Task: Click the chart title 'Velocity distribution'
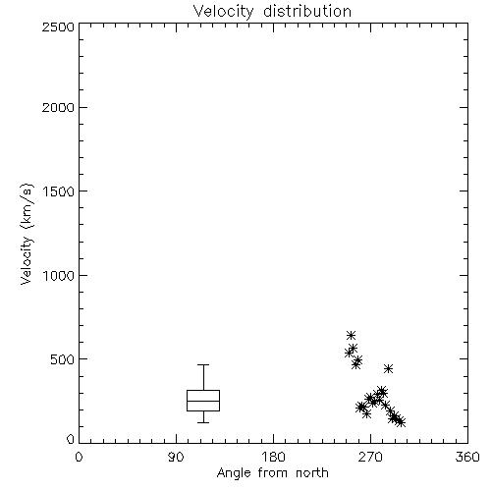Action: tap(272, 11)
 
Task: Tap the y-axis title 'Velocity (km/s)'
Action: tap(27, 234)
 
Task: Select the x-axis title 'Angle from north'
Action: tap(272, 473)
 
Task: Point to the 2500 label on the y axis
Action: tap(58, 27)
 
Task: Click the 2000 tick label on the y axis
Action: tap(58, 107)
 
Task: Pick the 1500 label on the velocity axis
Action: tap(59, 191)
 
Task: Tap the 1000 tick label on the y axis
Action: tap(59, 276)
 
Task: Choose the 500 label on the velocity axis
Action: tap(63, 359)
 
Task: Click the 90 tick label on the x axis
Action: tap(176, 457)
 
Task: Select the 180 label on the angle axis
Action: tap(273, 457)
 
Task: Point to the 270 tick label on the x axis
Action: tap(370, 457)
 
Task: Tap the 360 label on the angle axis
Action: tap(467, 457)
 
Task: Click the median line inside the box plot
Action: tap(203, 401)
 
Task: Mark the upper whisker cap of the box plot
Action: tap(203, 365)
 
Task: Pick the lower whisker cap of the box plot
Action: tap(203, 422)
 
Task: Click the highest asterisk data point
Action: tap(351, 335)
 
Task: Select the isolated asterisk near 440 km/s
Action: tap(388, 369)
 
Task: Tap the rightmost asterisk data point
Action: tap(401, 422)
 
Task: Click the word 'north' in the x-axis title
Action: tap(312, 473)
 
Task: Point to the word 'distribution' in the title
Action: tap(307, 11)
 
